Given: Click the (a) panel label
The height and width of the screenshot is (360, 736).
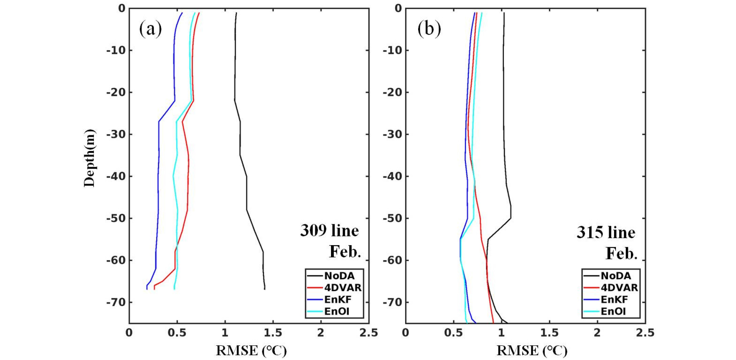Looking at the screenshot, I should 150,29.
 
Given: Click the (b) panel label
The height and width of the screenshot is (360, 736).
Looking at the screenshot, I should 429,29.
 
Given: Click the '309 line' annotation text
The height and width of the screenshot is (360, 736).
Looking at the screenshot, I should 329,231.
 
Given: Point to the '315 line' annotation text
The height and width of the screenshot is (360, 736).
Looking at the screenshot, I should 606,232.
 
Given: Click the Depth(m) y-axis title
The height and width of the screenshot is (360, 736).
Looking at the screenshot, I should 89,158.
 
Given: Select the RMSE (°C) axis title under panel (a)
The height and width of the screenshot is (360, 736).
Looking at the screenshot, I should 251,351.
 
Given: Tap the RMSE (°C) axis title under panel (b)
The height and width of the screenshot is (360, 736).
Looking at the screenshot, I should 532,351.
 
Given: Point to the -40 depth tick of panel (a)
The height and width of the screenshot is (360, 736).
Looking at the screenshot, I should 116,177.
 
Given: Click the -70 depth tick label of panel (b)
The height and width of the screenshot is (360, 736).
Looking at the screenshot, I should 392,302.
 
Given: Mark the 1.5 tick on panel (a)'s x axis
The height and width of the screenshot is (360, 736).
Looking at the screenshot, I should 273,333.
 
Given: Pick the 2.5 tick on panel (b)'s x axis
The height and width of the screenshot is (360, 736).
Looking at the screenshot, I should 645,333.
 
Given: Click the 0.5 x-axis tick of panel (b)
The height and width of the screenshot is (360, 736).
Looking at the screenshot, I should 453,333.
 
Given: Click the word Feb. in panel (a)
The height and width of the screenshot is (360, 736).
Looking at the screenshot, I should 345,252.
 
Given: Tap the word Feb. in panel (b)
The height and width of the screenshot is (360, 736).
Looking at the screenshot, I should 621,253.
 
